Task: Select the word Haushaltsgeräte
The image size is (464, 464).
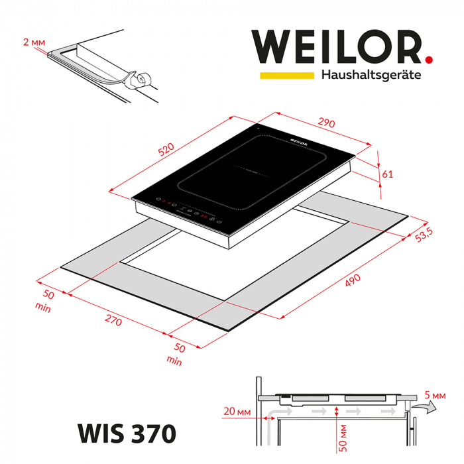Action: [371, 75]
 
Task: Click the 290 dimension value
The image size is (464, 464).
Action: [325, 123]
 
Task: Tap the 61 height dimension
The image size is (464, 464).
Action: [388, 174]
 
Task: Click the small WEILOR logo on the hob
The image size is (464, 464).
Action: [298, 141]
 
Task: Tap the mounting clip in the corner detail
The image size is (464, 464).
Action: [140, 81]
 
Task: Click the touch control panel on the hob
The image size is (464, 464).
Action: [192, 212]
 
